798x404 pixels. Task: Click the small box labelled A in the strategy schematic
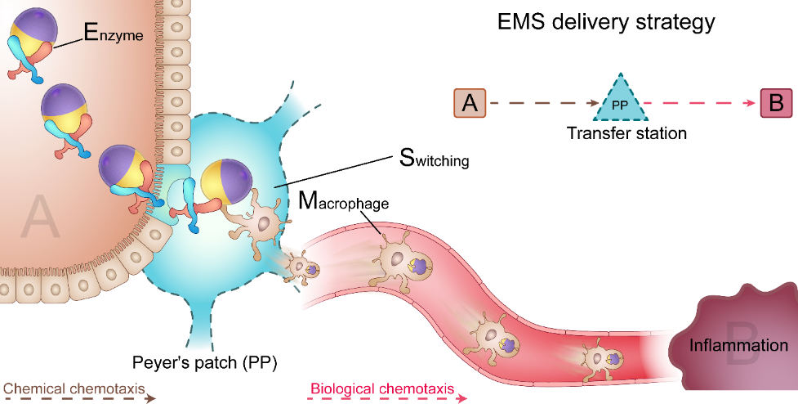(470, 104)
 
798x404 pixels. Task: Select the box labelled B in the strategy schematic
(776, 104)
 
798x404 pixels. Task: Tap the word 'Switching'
(435, 159)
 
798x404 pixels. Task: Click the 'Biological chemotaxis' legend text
(381, 388)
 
